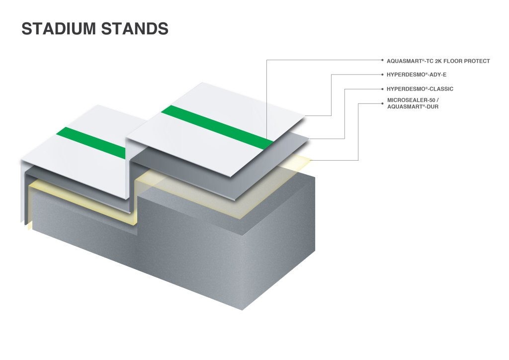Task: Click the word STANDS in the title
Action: click(x=135, y=29)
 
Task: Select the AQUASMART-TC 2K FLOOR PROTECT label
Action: click(x=438, y=61)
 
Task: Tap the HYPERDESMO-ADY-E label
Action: click(x=417, y=75)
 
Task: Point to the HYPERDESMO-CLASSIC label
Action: click(x=420, y=89)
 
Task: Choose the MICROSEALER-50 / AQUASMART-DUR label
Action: click(x=413, y=103)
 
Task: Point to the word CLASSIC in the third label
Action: click(x=440, y=89)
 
